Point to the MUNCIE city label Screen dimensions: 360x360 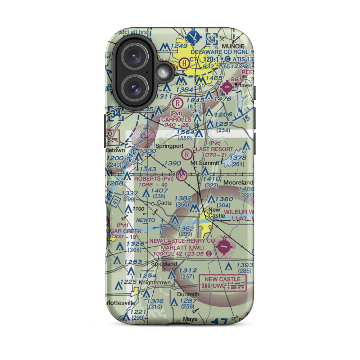click(x=233, y=46)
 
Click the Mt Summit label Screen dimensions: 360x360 click(x=204, y=163)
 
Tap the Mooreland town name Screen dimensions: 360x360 click(x=238, y=183)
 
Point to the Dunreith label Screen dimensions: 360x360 click(x=188, y=294)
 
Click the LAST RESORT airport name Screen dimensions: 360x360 click(x=215, y=149)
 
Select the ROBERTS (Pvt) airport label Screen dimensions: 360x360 click(x=154, y=179)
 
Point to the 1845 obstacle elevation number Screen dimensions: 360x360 click(x=196, y=101)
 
